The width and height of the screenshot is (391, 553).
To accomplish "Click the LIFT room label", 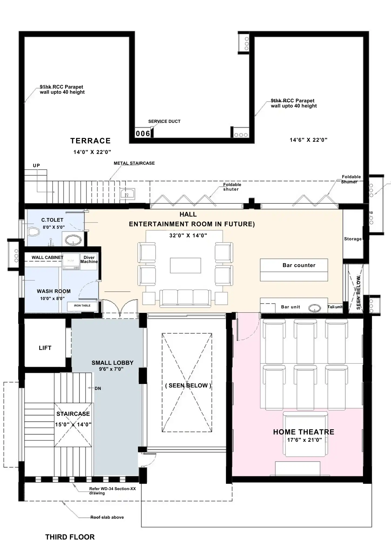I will (x=45, y=348).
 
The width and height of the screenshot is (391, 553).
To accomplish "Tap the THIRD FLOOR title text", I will (x=70, y=537).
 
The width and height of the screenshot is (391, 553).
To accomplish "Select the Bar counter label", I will (x=299, y=265).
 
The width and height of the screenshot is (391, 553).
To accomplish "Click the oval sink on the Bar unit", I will (x=315, y=308).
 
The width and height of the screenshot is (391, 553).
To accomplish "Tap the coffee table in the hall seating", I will (x=185, y=265).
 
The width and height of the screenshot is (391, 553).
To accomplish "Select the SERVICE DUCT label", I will (x=164, y=122).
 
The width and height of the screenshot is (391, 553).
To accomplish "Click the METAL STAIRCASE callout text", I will (x=134, y=163).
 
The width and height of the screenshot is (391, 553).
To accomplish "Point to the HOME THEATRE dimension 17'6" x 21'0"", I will (x=304, y=440).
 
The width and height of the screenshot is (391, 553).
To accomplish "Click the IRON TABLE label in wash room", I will (x=82, y=306).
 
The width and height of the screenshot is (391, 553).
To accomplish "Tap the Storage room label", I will (x=353, y=239).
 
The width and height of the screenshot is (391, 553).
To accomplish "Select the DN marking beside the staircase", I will (x=98, y=389).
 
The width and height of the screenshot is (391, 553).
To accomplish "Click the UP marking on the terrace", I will (x=36, y=166).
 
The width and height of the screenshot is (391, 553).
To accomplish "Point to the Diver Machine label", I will (x=89, y=259).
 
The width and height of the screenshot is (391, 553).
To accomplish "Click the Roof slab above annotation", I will (x=107, y=517).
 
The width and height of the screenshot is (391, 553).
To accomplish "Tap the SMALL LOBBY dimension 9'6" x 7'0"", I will (x=111, y=369).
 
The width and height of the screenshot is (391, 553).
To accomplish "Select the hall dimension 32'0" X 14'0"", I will (x=188, y=235).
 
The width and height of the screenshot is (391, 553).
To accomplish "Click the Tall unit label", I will (x=335, y=307).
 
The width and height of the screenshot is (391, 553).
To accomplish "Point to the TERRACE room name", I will (x=90, y=141).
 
